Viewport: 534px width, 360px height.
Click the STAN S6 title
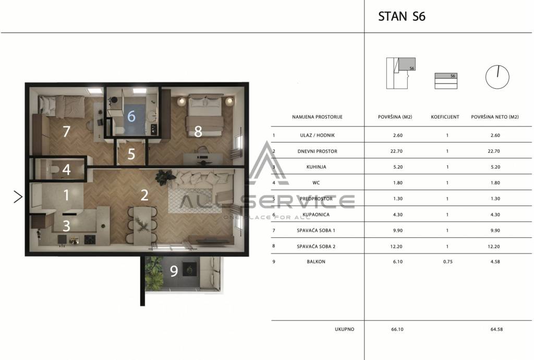402,16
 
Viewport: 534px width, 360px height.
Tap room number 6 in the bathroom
131,116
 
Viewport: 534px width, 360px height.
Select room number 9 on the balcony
174,271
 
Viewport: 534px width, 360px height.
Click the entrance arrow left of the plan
18,197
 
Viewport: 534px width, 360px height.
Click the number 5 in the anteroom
131,154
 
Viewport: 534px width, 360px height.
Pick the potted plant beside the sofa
165,177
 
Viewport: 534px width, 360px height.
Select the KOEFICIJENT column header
445,117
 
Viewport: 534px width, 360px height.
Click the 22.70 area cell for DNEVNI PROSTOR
396,151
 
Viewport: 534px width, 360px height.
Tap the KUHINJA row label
316,167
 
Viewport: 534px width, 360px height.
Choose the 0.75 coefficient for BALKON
448,261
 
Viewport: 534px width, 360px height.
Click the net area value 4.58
495,261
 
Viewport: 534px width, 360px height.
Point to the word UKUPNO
344,329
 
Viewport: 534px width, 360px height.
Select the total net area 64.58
496,329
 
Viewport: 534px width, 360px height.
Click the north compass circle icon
497,77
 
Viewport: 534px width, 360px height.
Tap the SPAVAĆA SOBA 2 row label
316,246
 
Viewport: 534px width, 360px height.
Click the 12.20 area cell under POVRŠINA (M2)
396,246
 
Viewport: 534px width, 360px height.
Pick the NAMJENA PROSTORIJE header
317,117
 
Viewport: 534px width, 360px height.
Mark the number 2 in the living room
144,195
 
